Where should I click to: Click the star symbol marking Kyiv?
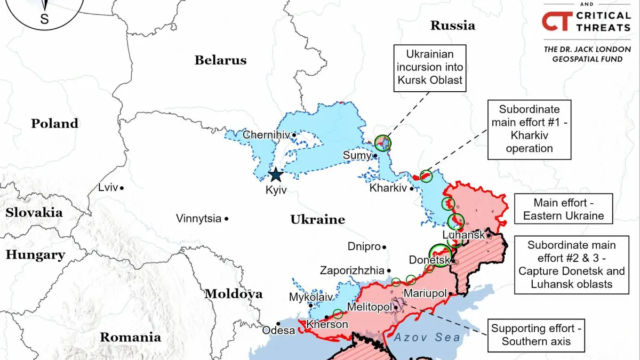click(276, 174)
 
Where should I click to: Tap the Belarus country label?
click(220, 60)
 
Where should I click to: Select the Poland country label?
click(54, 124)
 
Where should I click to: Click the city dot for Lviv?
click(122, 188)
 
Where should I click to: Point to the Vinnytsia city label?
click(198, 219)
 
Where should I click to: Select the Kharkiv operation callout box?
click(530, 129)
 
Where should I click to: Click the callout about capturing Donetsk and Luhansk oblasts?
click(571, 265)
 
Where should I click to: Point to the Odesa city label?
click(278, 331)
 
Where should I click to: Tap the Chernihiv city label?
click(266, 135)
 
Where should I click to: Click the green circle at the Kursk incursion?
click(382, 142)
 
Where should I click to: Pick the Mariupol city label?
click(425, 293)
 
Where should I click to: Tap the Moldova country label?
click(233, 294)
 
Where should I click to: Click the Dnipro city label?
click(364, 247)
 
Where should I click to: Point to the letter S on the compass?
click(44, 20)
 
